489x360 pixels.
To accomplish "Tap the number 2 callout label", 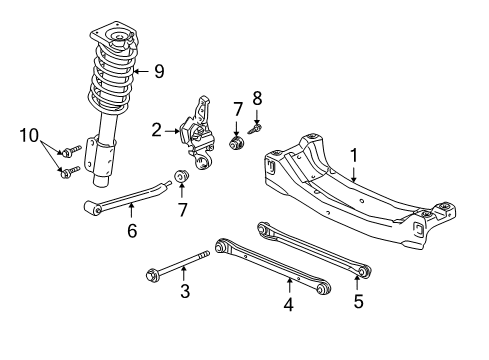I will coord(157,130).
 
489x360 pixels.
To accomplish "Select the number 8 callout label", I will coord(257,100).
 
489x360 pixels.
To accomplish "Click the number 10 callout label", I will coord(31,134).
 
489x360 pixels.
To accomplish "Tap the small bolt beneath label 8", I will coord(258,128).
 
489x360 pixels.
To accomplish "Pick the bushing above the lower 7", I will coord(182,179).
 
